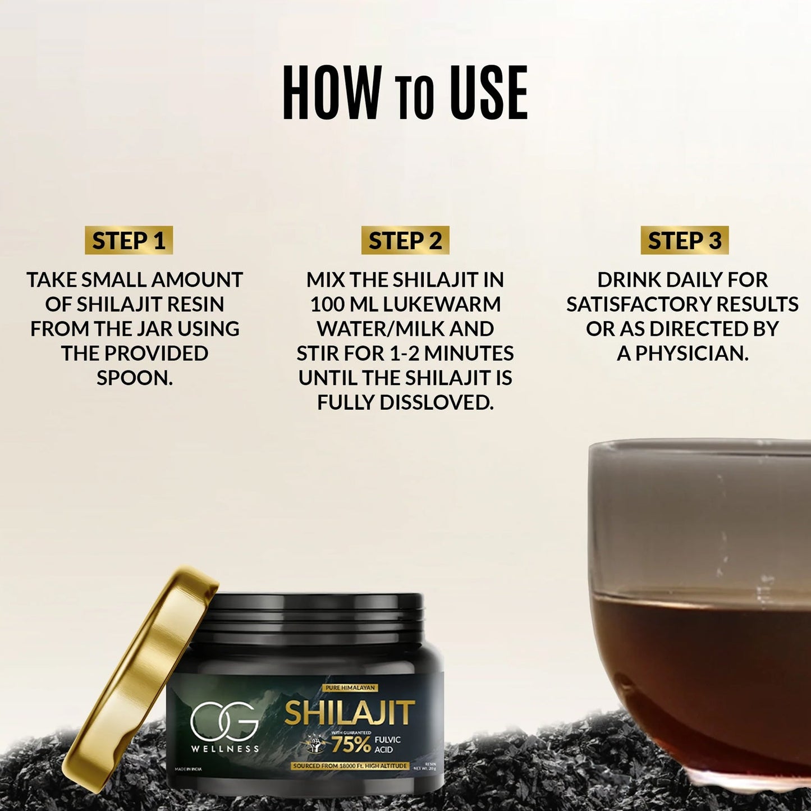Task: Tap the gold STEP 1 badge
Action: [x=129, y=241]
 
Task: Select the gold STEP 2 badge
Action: [x=405, y=241]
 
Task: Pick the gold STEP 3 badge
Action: [x=684, y=241]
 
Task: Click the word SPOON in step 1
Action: [x=135, y=378]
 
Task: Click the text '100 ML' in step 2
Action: [x=344, y=304]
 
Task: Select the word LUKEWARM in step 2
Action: [x=442, y=304]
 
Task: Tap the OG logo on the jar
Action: [x=224, y=721]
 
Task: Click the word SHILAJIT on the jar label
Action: [x=350, y=713]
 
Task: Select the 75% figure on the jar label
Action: [x=351, y=744]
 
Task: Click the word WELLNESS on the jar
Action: [x=225, y=749]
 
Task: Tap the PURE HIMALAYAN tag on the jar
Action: [x=350, y=688]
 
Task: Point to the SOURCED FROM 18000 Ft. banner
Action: [x=350, y=766]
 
